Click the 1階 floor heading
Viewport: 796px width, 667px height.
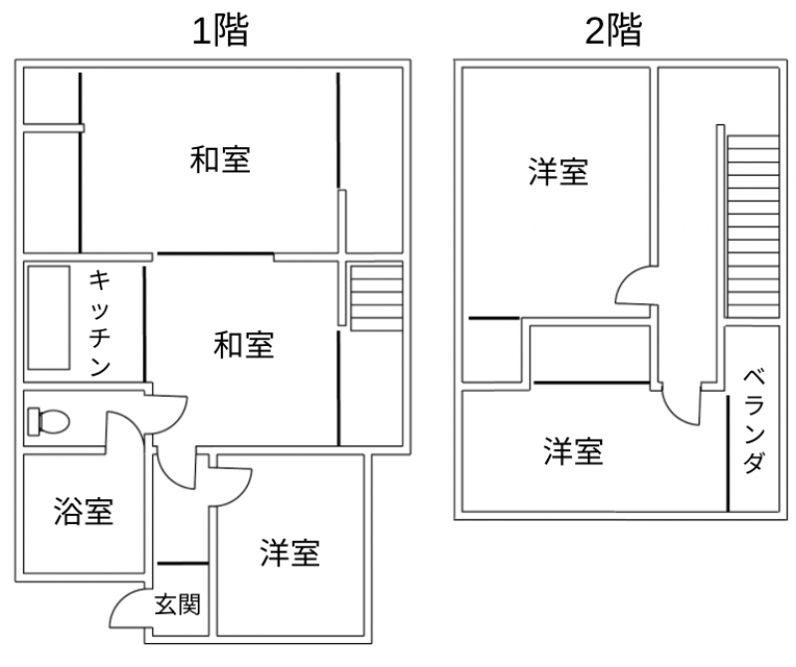pos(220,31)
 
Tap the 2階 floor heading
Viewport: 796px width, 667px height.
pos(614,30)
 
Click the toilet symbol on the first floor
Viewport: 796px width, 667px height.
pos(48,420)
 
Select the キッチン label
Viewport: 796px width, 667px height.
pos(99,324)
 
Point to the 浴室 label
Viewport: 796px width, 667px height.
pos(84,511)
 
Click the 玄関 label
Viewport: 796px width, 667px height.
pos(178,604)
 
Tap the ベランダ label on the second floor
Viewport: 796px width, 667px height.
pos(754,421)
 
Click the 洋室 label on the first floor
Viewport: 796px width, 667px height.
pos(290,553)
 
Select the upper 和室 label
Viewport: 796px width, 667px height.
pos(220,159)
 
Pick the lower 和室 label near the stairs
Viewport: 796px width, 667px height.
pos(244,345)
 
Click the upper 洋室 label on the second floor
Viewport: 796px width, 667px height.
pos(558,171)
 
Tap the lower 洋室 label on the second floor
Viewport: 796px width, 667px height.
pos(574,451)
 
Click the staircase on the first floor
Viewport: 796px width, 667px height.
pos(376,299)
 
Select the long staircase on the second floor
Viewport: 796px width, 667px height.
pos(753,227)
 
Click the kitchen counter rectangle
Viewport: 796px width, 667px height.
pos(49,318)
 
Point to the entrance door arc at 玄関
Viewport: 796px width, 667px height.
pos(127,608)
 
